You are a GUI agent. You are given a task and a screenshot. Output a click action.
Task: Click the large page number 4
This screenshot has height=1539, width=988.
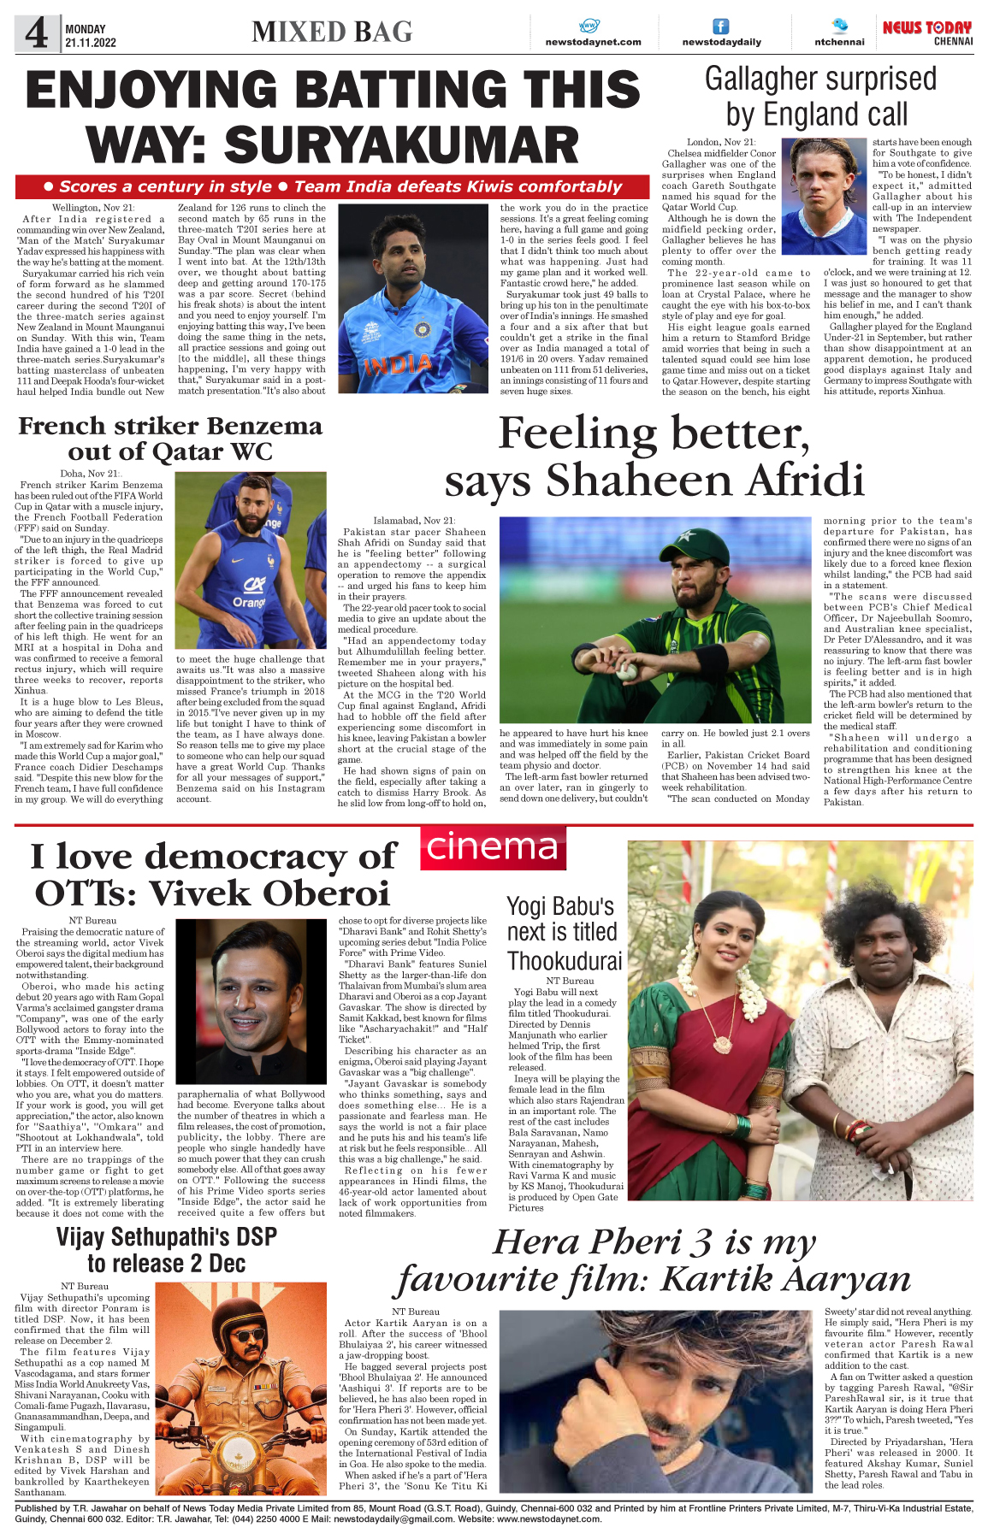pyautogui.click(x=36, y=34)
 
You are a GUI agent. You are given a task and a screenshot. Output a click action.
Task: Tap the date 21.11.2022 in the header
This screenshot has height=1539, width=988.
pyautogui.click(x=91, y=43)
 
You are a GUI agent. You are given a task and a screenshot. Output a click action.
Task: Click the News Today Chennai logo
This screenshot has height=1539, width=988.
pyautogui.click(x=927, y=32)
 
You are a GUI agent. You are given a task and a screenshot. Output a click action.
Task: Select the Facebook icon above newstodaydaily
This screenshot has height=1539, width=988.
pyautogui.click(x=721, y=27)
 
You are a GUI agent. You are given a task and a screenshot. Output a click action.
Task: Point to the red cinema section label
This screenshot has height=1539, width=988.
pyautogui.click(x=492, y=846)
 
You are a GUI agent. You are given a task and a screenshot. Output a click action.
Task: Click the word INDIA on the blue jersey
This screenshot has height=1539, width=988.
pyautogui.click(x=397, y=365)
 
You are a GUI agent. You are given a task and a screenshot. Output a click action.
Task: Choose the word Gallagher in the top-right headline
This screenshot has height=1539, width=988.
pyautogui.click(x=768, y=80)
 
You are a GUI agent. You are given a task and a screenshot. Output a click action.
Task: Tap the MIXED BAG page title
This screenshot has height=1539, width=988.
pyautogui.click(x=332, y=32)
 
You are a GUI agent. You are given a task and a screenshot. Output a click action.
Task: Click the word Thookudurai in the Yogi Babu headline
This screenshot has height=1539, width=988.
pyautogui.click(x=565, y=961)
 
